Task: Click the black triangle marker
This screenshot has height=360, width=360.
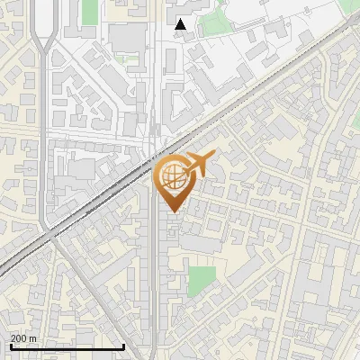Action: click(181, 24)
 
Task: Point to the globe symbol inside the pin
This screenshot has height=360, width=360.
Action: click(172, 175)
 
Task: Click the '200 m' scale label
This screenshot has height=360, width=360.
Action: click(23, 338)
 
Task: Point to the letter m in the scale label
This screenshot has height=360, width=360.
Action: click(33, 338)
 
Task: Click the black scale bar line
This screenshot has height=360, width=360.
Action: click(67, 346)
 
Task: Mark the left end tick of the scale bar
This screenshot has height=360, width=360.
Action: click(11, 345)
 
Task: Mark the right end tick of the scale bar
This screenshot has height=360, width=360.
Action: click(123, 345)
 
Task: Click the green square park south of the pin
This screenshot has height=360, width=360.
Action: click(202, 280)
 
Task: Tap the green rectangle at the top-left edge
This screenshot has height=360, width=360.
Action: click(88, 11)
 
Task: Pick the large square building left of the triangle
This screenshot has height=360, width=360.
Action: click(128, 38)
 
